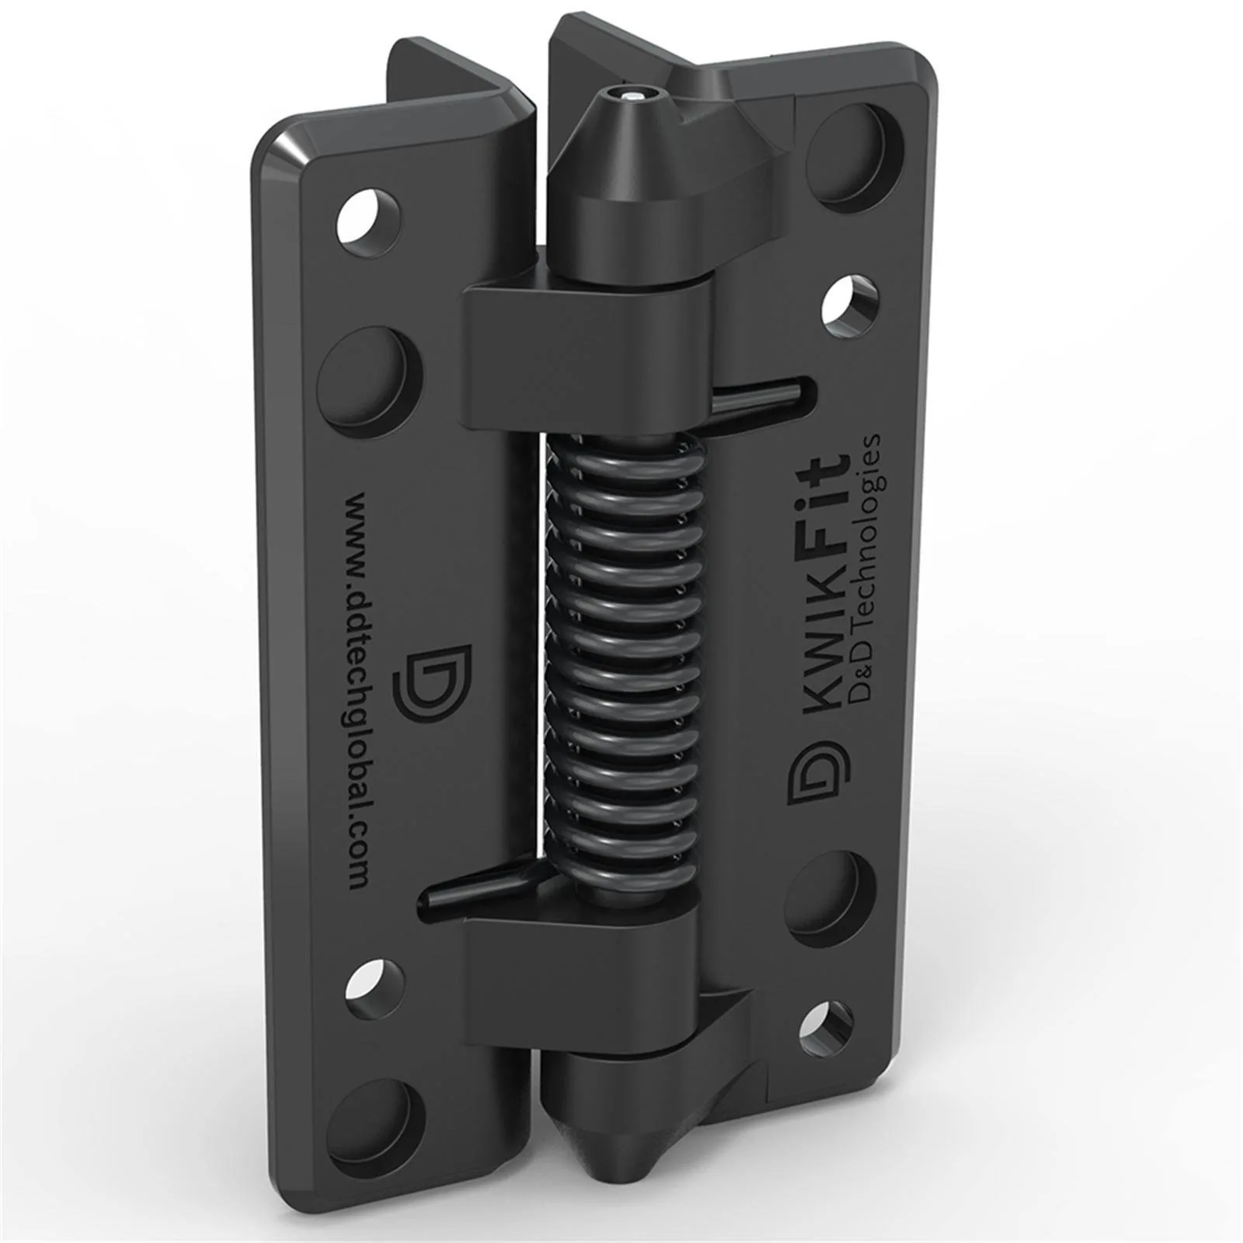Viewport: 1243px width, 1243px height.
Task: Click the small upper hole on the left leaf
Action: (370, 212)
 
